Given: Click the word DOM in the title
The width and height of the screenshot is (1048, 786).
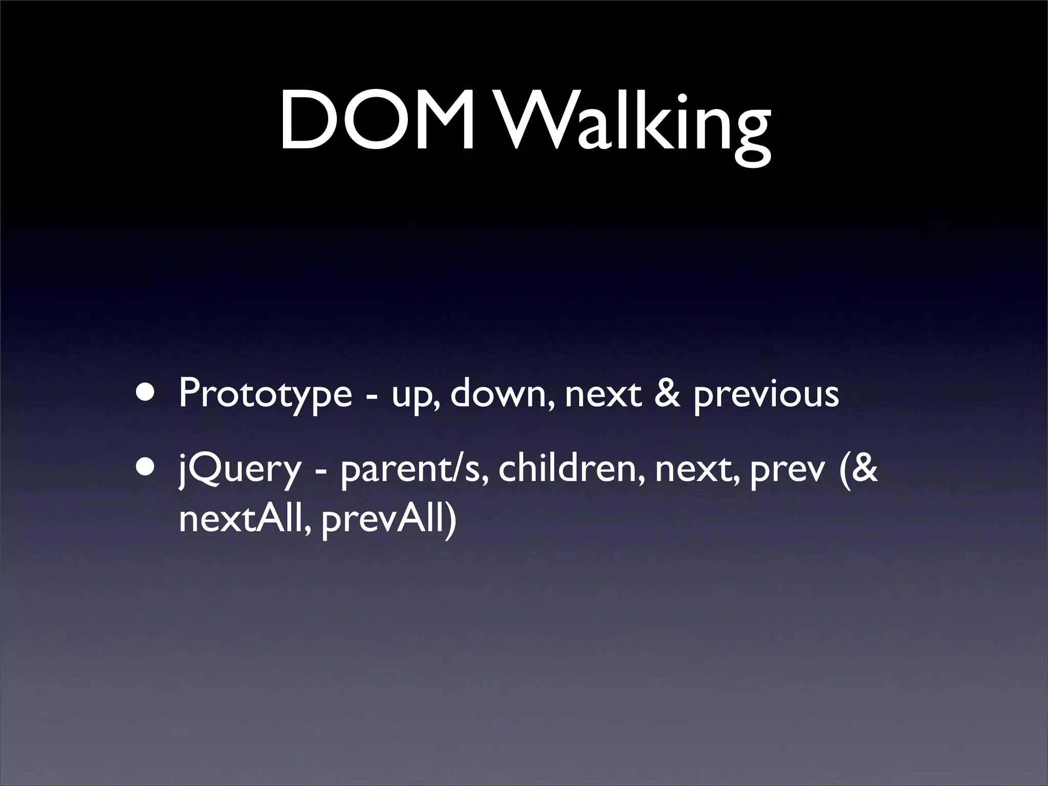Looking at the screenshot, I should (x=378, y=121).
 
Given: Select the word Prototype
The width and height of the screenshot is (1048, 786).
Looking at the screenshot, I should (x=265, y=395).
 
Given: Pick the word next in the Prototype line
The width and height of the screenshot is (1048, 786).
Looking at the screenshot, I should (x=603, y=395).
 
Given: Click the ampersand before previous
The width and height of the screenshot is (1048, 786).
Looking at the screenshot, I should (x=667, y=394).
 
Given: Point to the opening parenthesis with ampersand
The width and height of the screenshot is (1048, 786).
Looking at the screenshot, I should (x=858, y=469).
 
